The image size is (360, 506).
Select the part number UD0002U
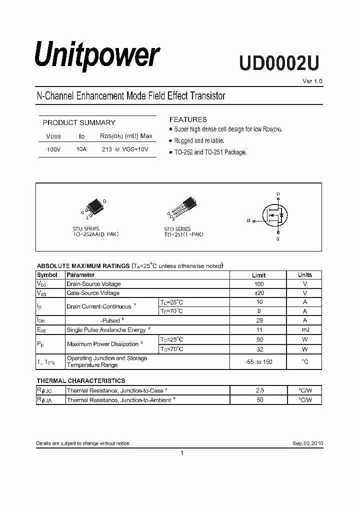[x=278, y=63]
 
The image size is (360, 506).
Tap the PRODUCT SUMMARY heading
[x=79, y=122]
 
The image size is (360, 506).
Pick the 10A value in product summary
[x=81, y=149]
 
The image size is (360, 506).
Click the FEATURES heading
[x=188, y=119]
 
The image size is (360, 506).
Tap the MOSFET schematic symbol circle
[x=278, y=215]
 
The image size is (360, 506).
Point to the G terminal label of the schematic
[x=248, y=220]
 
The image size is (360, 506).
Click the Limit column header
[x=258, y=275]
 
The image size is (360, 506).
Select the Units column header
[x=304, y=275]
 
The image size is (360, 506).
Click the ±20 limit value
[x=258, y=293]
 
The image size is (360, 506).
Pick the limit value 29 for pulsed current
[x=258, y=320]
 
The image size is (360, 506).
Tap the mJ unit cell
[x=304, y=329]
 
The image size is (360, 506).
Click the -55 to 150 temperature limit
[x=258, y=361]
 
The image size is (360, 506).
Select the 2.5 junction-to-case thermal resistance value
[x=258, y=390]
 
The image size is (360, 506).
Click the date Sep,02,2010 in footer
[x=307, y=443]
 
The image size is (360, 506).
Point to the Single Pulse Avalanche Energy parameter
[x=106, y=330]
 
